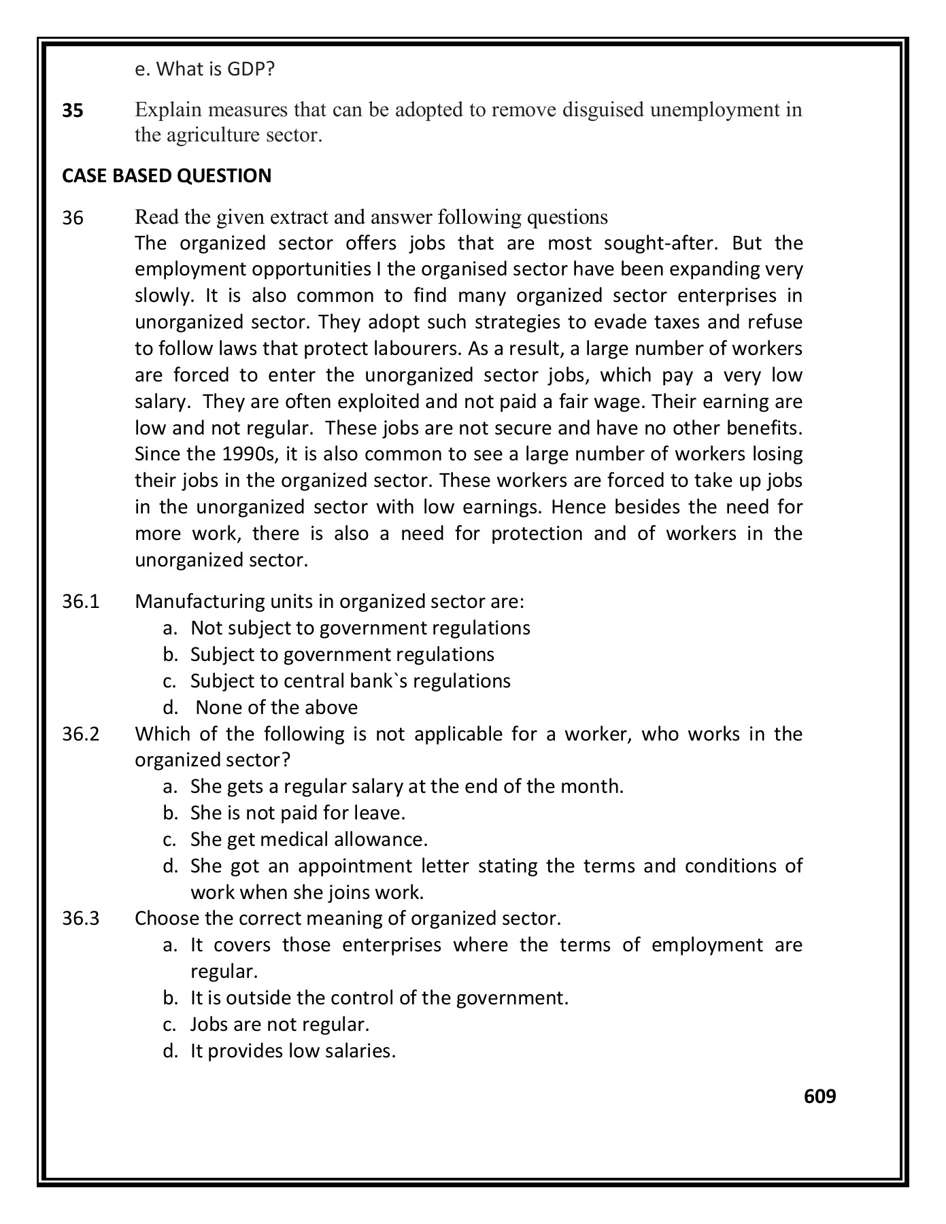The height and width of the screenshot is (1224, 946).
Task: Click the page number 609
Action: pyautogui.click(x=820, y=1096)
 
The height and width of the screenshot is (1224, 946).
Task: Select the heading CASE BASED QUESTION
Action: pyautogui.click(x=167, y=175)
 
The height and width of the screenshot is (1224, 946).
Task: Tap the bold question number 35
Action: pyautogui.click(x=73, y=110)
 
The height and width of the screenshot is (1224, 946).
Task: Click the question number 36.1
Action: pyautogui.click(x=81, y=602)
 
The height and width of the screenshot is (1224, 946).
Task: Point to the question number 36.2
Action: pyautogui.click(x=81, y=734)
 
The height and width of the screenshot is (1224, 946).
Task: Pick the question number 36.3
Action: pyautogui.click(x=81, y=919)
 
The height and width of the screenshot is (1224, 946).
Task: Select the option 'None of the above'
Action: pyautogui.click(x=276, y=708)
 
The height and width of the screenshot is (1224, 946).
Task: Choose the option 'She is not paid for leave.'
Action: pyautogui.click(x=298, y=813)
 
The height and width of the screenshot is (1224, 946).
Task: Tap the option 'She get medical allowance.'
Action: pyautogui.click(x=309, y=840)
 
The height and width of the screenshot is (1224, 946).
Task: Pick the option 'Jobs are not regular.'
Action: pyautogui.click(x=280, y=1025)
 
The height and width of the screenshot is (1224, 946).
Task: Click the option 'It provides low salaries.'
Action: pyautogui.click(x=292, y=1051)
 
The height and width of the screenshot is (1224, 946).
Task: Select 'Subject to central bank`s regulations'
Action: pyautogui.click(x=350, y=681)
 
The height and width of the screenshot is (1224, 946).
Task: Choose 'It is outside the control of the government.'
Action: pyautogui.click(x=379, y=998)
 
